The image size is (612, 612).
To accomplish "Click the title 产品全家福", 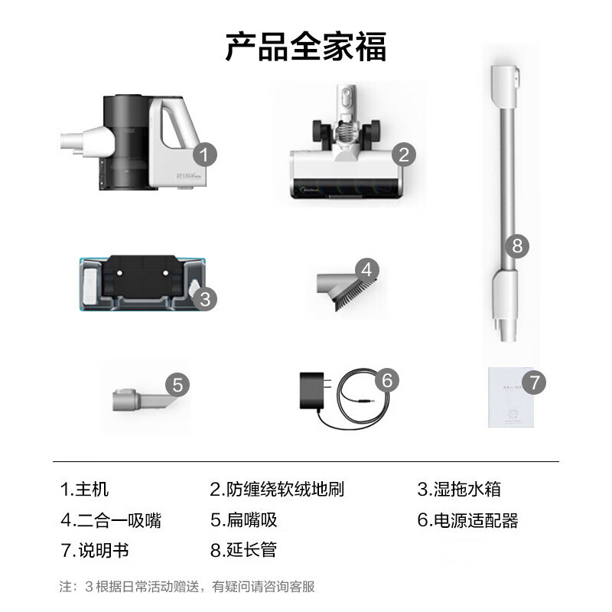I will tap(306, 45).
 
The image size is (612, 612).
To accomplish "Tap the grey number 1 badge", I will tap(203, 156).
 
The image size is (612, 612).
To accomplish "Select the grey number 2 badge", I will tap(405, 155).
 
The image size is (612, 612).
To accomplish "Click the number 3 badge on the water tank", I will tap(205, 298).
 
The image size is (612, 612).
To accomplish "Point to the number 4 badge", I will tap(367, 269).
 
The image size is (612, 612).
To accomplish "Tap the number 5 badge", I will tap(177, 384).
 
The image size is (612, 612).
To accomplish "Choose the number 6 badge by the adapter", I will tap(387, 379).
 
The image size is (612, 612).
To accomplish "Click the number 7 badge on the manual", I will tap(535, 381).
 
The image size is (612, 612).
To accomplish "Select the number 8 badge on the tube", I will tap(517, 246).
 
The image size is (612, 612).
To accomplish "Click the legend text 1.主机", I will tap(85, 490).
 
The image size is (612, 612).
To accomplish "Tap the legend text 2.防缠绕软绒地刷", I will tap(277, 490).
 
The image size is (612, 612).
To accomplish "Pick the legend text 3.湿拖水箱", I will tap(459, 490).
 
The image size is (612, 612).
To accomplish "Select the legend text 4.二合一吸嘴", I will tap(111, 521).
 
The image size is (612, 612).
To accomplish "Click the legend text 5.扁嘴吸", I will tap(243, 521).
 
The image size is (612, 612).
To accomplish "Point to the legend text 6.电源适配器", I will tap(467, 521).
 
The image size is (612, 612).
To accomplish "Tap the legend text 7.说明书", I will tap(95, 550).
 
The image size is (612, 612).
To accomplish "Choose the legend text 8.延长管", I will tap(243, 550).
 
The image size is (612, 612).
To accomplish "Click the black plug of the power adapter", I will tap(313, 391).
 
